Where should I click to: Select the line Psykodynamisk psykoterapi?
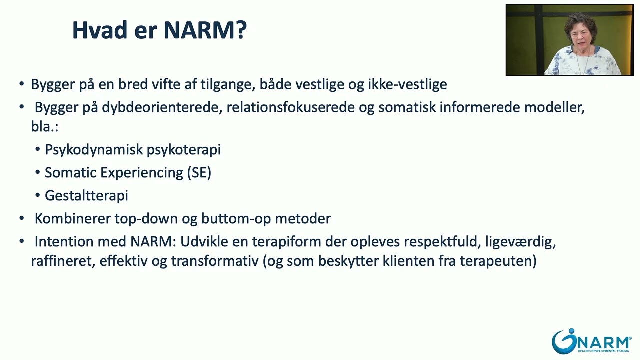pyautogui.click(x=133, y=150)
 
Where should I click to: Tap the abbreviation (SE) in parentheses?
pyautogui.click(x=199, y=173)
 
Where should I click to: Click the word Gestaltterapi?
pyautogui.click(x=86, y=196)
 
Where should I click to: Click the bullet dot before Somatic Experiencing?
pyautogui.click(x=38, y=173)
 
